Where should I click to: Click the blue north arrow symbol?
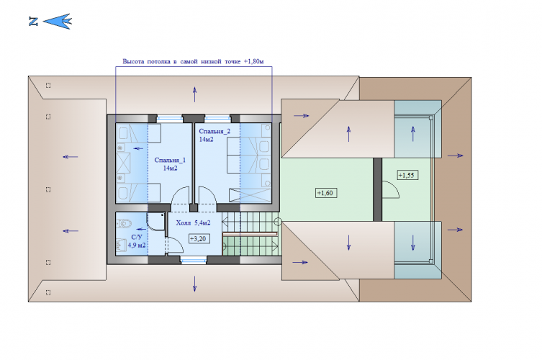click(x=58, y=22)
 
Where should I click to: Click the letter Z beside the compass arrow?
click(x=33, y=22)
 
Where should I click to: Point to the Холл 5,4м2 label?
click(x=193, y=223)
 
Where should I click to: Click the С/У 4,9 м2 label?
click(x=137, y=241)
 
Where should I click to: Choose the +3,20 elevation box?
click(x=199, y=238)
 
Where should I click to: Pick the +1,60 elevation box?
click(x=326, y=193)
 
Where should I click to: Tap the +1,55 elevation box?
click(x=407, y=175)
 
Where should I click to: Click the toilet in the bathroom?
click(x=124, y=223)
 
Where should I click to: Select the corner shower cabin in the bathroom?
click(x=156, y=221)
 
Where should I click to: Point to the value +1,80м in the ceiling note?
click(x=253, y=61)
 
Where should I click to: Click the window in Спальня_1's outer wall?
click(x=170, y=118)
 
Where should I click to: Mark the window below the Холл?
click(x=194, y=259)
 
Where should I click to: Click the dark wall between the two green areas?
click(x=377, y=189)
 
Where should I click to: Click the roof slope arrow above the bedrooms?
click(x=194, y=94)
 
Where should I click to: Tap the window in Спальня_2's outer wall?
click(x=218, y=118)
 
